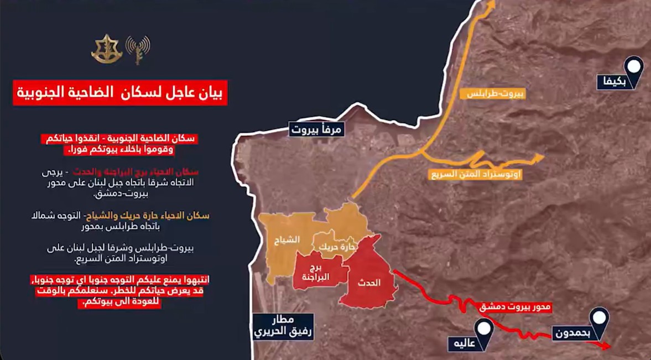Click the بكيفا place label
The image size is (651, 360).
pyautogui.click(x=613, y=82)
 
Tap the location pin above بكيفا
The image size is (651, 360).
pyautogui.click(x=634, y=67)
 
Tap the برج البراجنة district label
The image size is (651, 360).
pyautogui.click(x=316, y=273)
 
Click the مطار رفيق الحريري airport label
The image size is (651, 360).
pyautogui.click(x=283, y=327)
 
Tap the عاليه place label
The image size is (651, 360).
pyautogui.click(x=463, y=343)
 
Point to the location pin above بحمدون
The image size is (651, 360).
pyautogui.click(x=598, y=319)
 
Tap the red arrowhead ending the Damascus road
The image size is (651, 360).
pyautogui.click(x=607, y=346)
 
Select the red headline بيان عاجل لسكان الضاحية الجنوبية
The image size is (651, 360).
pyautogui.click(x=120, y=93)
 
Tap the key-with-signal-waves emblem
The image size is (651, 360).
pyautogui.click(x=137, y=49)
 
